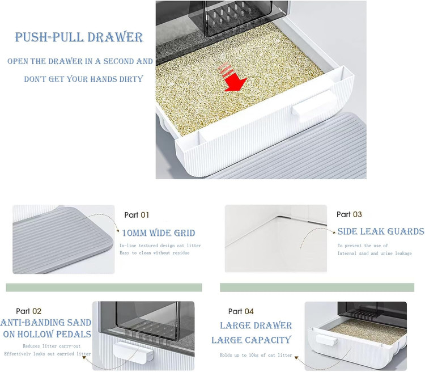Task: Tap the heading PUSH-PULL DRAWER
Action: (x=79, y=37)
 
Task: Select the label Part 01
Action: (x=137, y=215)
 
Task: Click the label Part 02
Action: (x=29, y=311)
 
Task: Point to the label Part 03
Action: (x=349, y=214)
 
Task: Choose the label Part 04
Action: (x=241, y=311)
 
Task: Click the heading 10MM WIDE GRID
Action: (x=159, y=233)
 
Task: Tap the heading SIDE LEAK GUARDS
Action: (x=381, y=231)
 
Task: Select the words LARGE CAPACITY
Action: (x=251, y=340)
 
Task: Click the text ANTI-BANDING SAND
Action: (x=46, y=322)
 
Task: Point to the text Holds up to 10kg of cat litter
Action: (x=256, y=355)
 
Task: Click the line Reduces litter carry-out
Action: (x=52, y=346)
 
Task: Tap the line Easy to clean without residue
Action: (x=155, y=252)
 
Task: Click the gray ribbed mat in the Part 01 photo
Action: (x=62, y=240)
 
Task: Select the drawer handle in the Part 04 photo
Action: (x=326, y=340)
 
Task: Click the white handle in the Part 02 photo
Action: (x=133, y=352)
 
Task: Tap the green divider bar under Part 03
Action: (x=317, y=288)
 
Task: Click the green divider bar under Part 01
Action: (x=104, y=288)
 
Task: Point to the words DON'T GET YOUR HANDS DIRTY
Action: (x=83, y=79)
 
